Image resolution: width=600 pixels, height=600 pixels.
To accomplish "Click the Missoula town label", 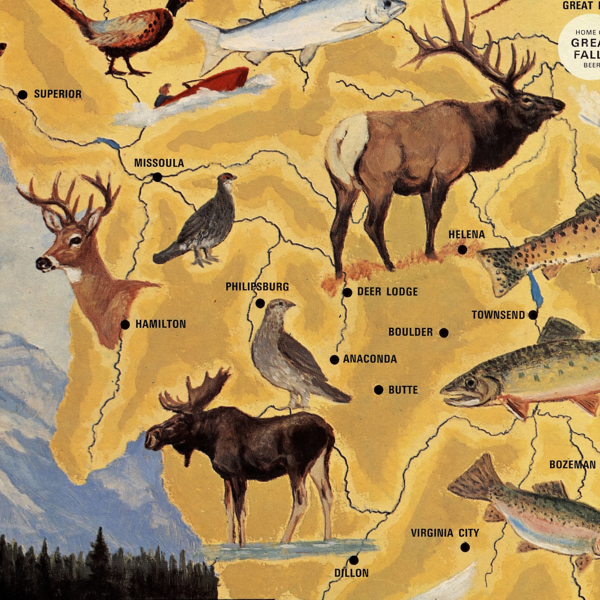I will tap(159, 163).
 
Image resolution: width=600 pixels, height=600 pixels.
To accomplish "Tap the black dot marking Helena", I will tap(462, 250).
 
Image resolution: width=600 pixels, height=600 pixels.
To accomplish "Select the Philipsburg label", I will tap(257, 287).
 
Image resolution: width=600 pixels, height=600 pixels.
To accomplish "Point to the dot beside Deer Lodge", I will tap(348, 292).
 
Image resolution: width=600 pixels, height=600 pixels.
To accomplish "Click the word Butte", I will tap(403, 390).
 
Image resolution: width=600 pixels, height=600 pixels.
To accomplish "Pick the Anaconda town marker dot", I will tap(334, 360).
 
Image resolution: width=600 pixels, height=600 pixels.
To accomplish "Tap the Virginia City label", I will tap(445, 533).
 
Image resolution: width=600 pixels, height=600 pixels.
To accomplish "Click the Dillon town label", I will tap(351, 573).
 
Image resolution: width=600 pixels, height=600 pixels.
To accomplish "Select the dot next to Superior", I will tap(23, 95).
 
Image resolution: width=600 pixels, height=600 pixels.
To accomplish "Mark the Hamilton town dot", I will tap(125, 324).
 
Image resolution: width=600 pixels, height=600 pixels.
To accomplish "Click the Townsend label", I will tap(498, 315).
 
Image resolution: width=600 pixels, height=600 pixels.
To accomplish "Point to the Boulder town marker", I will tap(444, 333).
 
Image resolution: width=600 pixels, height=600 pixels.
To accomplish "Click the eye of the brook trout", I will tap(470, 383).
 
